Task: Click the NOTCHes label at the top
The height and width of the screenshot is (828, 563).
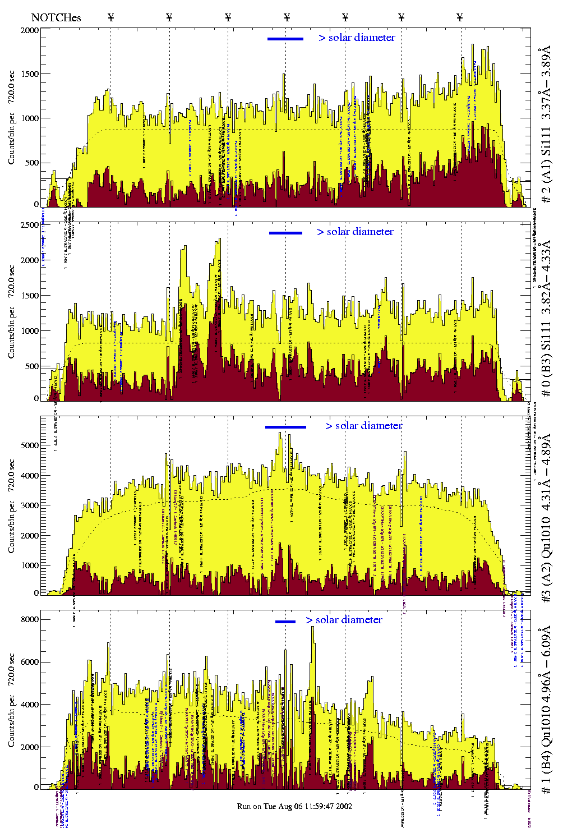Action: click(x=56, y=17)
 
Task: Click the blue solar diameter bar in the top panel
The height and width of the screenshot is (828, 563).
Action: click(x=285, y=39)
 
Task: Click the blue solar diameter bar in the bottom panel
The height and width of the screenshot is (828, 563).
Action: click(x=285, y=622)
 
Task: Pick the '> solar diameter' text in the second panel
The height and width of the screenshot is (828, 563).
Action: click(x=355, y=232)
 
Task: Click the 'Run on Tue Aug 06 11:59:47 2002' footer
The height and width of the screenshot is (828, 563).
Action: click(x=294, y=806)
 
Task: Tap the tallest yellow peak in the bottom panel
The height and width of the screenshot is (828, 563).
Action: click(x=313, y=628)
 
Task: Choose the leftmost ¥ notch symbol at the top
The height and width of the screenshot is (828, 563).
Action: click(x=110, y=17)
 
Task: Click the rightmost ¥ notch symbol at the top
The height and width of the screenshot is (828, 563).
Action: click(x=460, y=17)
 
